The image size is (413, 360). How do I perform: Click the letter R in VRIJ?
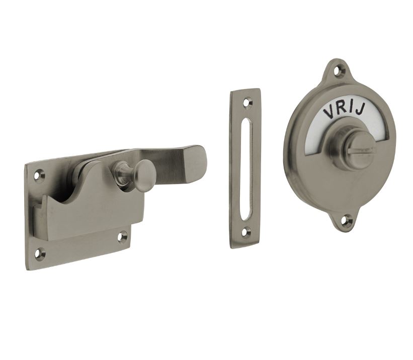tap(342, 110)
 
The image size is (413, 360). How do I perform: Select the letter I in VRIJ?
tap(351, 109)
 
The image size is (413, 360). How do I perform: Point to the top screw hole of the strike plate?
tap(246, 102)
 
